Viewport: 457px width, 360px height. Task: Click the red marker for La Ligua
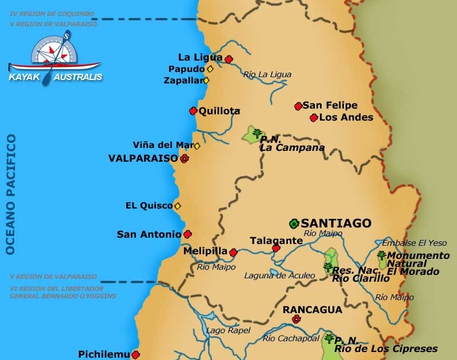coord(228,59)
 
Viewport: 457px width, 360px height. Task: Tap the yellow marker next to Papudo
coord(210,69)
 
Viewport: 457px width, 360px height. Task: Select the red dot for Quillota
coord(193,111)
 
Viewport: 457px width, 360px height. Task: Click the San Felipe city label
coord(330,105)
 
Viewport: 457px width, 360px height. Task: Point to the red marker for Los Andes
coord(314,118)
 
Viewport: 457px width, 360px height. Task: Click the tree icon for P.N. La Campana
coord(257,134)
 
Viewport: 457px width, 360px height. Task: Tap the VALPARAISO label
coord(143,158)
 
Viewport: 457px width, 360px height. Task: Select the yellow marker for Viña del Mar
coord(197,146)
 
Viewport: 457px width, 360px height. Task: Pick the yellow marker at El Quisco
coord(178,206)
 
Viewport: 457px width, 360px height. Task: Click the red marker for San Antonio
coord(187,234)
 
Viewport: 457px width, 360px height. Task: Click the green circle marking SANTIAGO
coord(294,223)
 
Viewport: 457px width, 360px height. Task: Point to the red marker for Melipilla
coord(233,251)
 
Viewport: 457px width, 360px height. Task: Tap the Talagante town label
coord(276,241)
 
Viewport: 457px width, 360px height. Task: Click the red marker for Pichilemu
coord(135,354)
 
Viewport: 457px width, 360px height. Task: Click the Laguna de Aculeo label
coord(279,275)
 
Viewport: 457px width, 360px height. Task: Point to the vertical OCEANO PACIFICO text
coord(10,194)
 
